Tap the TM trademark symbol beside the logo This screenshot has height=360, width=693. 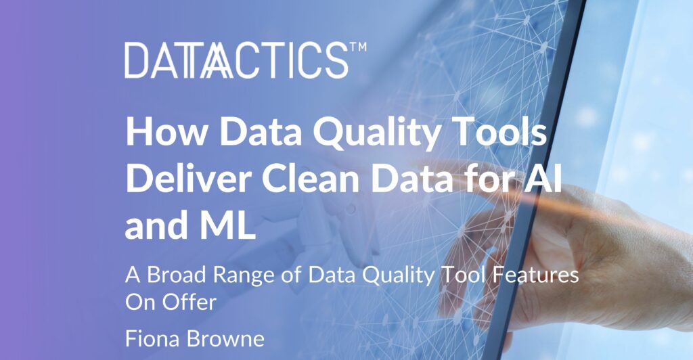coord(358,49)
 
